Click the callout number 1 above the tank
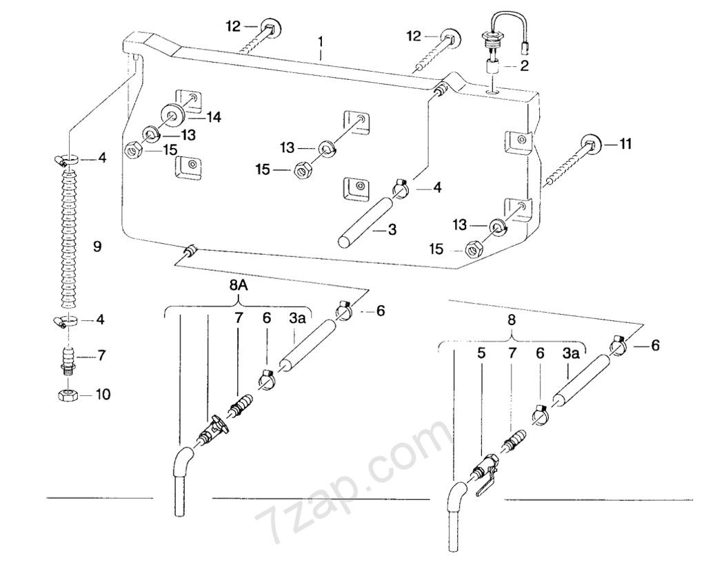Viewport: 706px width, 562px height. point(320,42)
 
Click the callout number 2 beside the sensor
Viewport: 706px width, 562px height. point(524,66)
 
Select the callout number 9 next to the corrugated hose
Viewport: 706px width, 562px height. point(97,247)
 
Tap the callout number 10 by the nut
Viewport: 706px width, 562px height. point(103,395)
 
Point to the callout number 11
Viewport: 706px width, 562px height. point(625,145)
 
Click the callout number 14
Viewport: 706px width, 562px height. point(214,117)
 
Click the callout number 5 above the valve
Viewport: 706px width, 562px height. point(481,353)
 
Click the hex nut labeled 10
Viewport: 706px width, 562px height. point(69,395)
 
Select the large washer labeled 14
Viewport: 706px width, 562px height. point(173,114)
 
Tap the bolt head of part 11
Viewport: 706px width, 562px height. point(590,145)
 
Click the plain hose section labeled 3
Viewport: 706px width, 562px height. point(367,222)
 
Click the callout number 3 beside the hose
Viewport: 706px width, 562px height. point(392,230)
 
